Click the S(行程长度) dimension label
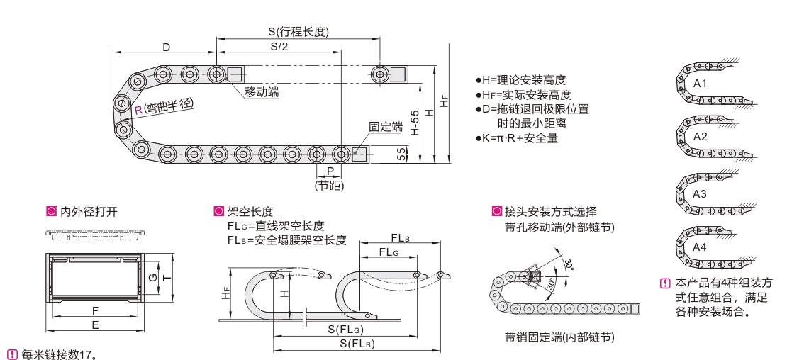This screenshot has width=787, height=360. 298,32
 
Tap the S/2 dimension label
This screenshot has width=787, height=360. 279,47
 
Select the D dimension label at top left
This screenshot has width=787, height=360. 166,47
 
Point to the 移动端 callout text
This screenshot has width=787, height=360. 262,92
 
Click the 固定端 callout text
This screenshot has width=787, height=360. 386,127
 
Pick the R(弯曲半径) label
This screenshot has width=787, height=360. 164,106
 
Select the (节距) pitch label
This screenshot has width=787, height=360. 329,186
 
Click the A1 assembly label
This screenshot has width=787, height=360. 700,84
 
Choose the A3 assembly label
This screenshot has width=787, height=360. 700,193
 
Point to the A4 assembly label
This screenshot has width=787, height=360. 700,247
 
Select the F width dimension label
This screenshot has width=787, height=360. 95,310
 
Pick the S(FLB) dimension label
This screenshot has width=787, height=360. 357,344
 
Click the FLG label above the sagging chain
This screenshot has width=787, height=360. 388,252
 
